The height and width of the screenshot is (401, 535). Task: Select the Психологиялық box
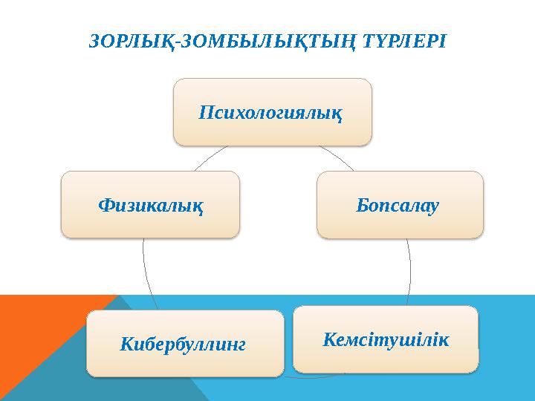pos(272,112)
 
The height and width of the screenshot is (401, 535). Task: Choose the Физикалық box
pos(150,204)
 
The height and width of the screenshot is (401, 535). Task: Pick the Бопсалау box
pos(400,204)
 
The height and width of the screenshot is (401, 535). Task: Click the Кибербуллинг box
pos(184,343)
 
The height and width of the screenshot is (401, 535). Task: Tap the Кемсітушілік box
pos(386,339)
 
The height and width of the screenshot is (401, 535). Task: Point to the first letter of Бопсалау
pos(362,204)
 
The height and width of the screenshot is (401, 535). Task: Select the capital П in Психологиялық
pos(206,113)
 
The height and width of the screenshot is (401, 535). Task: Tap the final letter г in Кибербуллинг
pos(241,345)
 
